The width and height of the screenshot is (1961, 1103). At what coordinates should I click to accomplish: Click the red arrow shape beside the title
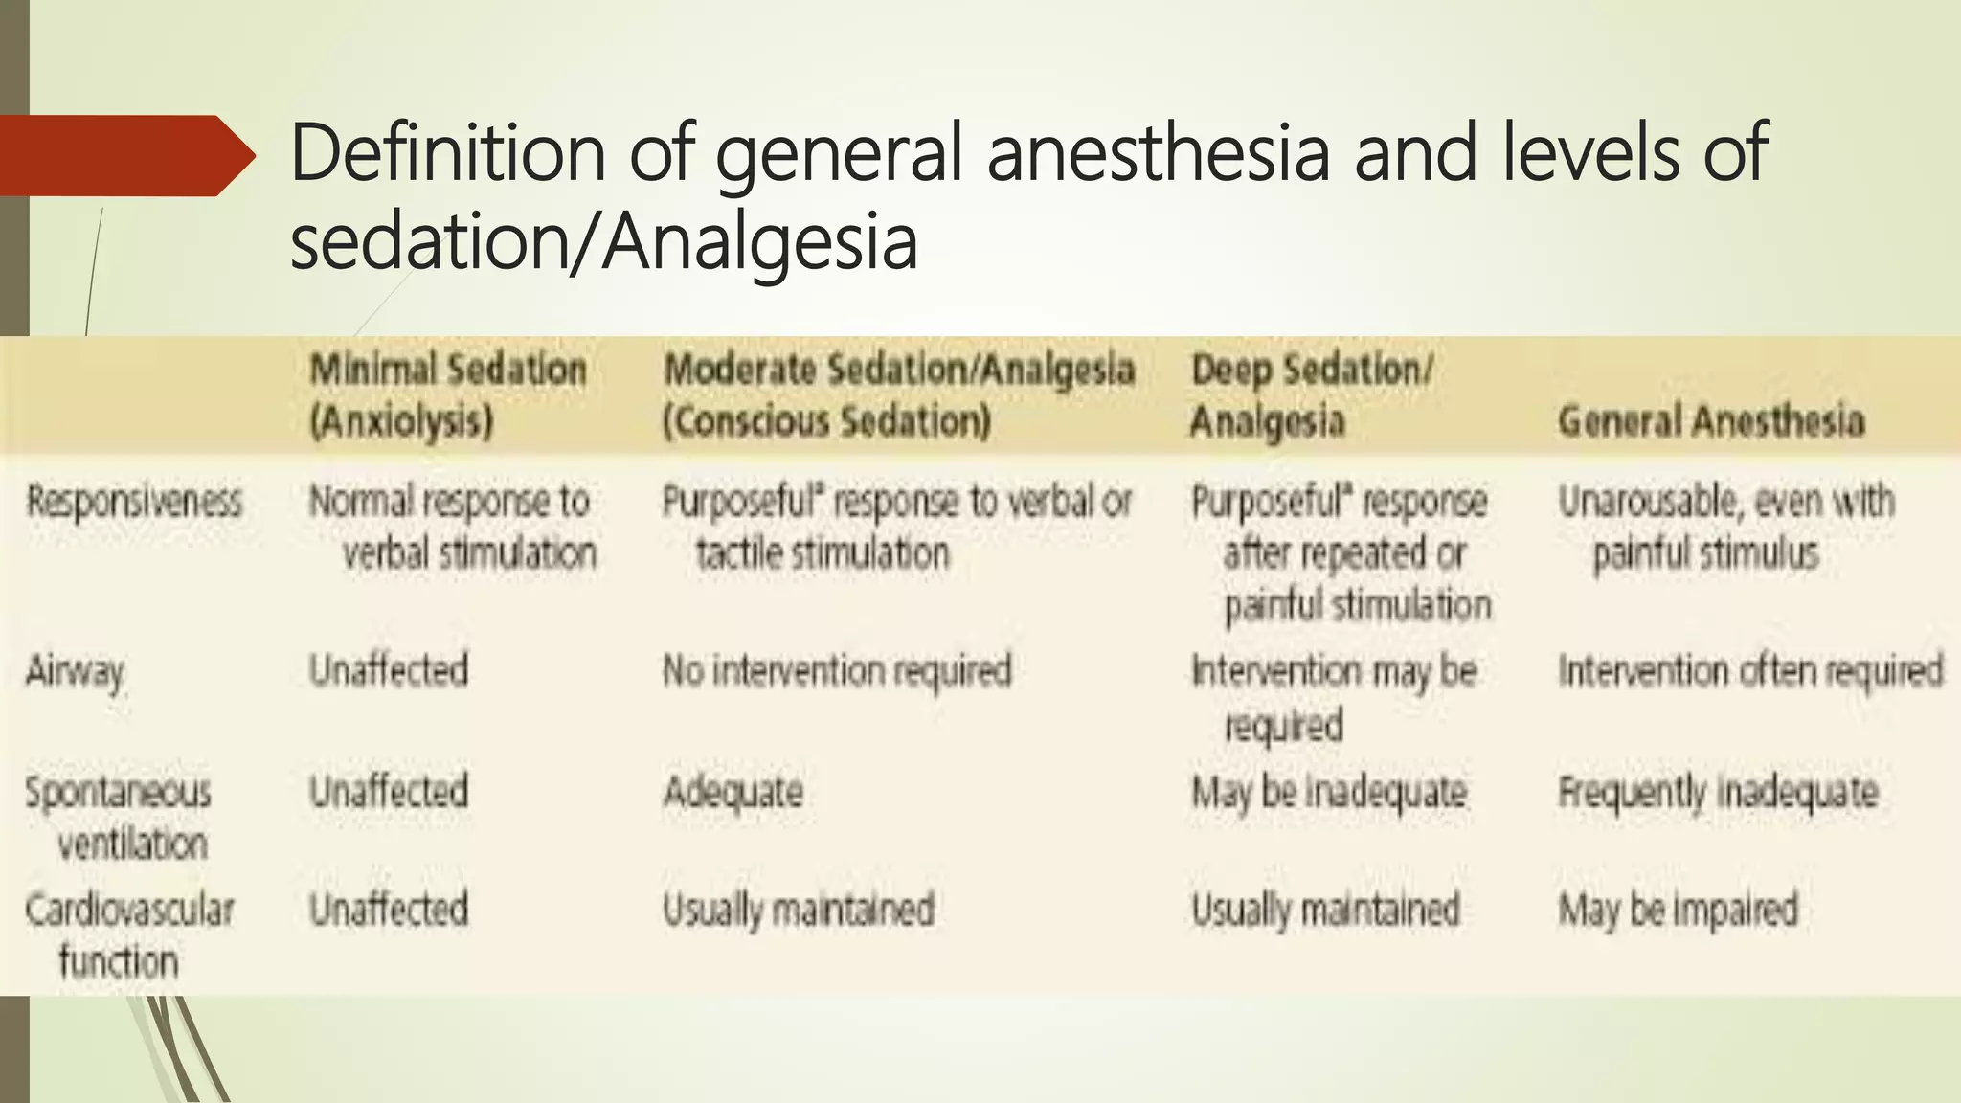coord(124,155)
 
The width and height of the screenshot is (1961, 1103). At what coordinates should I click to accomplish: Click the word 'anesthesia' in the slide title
coord(1158,153)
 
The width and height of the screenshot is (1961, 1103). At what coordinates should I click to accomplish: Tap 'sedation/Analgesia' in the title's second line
coord(603,241)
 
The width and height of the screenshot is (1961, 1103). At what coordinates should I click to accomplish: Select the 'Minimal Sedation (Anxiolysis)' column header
coord(447,395)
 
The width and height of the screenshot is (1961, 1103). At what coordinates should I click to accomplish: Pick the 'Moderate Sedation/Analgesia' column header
coord(898,395)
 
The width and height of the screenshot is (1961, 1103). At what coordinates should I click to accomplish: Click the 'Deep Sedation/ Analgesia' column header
coord(1311,395)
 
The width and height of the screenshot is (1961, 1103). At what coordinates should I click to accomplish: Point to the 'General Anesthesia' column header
coord(1711,421)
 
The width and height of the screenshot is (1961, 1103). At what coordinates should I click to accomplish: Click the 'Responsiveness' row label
coord(134,502)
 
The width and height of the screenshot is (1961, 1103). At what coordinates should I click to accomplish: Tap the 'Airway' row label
coord(75,671)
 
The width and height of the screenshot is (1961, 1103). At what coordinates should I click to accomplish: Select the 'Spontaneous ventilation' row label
coord(119,818)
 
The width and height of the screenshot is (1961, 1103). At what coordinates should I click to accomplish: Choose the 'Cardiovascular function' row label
coord(129,934)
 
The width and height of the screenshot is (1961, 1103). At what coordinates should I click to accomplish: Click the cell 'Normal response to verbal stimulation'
coord(452,528)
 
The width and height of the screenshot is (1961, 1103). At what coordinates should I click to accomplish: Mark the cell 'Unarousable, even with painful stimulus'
coord(1725,528)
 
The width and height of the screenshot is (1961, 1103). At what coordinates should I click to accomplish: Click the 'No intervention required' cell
coord(837,671)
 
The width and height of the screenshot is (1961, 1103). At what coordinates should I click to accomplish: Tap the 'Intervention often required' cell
coord(1750,671)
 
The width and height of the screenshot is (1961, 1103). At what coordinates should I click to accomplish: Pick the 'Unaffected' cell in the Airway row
coord(389,670)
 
